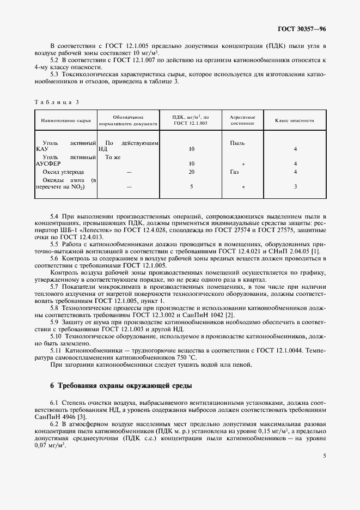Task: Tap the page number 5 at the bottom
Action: (324, 471)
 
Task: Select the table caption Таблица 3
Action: (57, 102)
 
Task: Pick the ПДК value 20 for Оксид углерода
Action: (191, 172)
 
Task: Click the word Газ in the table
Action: (234, 172)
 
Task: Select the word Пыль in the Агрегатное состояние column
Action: (237, 143)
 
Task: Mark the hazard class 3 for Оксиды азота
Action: (295, 186)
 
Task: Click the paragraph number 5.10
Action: (56, 336)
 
